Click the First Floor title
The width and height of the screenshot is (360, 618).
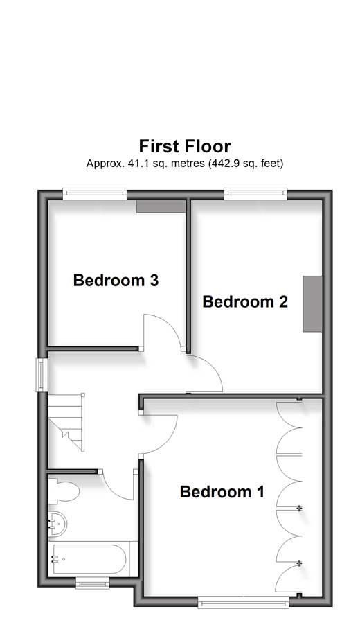point(185,146)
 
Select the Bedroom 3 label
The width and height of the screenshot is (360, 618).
point(116,280)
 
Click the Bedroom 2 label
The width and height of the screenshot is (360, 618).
point(245,301)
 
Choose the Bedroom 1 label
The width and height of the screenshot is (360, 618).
point(222,492)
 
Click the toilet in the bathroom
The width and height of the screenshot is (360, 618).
point(64,491)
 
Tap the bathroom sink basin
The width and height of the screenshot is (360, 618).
point(57,524)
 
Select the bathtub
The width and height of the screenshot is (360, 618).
point(89,559)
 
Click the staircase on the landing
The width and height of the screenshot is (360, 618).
point(66,422)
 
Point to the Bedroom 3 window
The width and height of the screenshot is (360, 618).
point(95,192)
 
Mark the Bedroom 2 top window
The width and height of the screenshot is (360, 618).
point(256,192)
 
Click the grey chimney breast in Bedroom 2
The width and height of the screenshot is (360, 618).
point(312,304)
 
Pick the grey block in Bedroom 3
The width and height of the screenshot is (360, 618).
point(161,206)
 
